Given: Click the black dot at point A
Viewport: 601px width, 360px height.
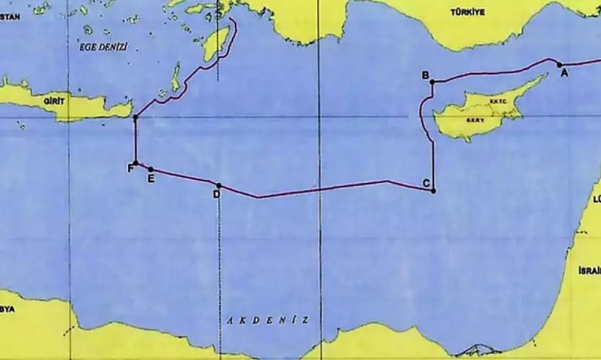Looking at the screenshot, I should click(x=559, y=64).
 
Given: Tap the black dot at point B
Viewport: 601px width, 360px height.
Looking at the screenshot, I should click(x=432, y=82).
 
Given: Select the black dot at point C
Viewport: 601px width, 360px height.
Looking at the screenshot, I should click(x=433, y=191).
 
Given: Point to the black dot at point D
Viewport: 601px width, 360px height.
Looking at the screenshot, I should click(x=219, y=186).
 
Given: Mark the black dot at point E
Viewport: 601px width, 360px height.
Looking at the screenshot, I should click(x=150, y=169).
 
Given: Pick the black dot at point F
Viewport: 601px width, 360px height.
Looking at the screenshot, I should click(x=135, y=163).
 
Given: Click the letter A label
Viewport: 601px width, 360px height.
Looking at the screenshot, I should click(x=565, y=72).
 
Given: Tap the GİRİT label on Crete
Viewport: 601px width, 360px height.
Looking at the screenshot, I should click(x=54, y=102).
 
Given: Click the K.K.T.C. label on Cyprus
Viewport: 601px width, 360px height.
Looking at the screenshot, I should click(x=499, y=102).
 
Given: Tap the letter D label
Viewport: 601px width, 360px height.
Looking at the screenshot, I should click(x=216, y=194).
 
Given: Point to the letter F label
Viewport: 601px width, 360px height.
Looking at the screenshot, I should click(x=130, y=169).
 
